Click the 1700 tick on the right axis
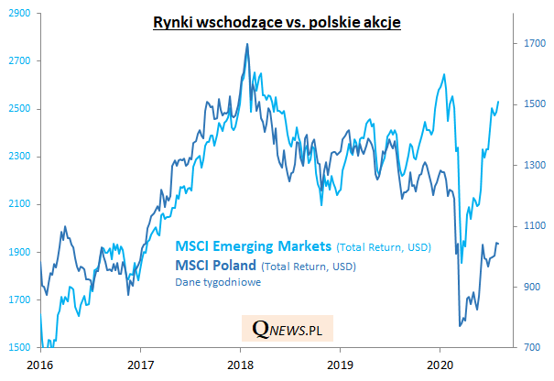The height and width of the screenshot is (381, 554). [535, 43]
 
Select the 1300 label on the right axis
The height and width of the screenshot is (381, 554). [535, 165]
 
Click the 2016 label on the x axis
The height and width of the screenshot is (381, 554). [40, 363]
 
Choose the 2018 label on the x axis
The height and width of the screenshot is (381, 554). [240, 363]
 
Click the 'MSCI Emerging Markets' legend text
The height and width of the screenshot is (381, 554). [254, 245]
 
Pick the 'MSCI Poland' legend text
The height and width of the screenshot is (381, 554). [215, 266]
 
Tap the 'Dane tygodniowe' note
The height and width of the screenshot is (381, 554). [213, 283]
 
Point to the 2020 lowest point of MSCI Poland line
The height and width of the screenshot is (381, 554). [459, 325]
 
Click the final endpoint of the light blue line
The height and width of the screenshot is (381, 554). [498, 102]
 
